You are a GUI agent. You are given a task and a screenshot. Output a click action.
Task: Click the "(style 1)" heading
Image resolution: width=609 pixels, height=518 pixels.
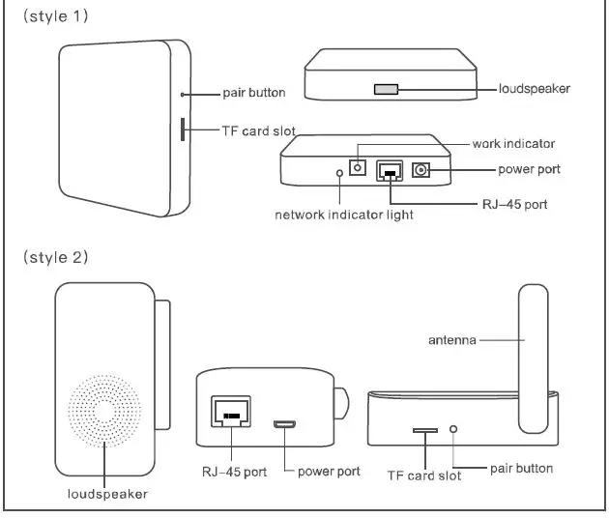click(x=55, y=18)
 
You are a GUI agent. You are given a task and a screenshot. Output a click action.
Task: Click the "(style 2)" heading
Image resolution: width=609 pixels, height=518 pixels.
click(x=55, y=257)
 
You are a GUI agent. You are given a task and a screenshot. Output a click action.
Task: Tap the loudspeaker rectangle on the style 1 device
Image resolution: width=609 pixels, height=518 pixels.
click(x=386, y=89)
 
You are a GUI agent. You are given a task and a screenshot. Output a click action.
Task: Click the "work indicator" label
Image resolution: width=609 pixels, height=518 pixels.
click(x=513, y=144)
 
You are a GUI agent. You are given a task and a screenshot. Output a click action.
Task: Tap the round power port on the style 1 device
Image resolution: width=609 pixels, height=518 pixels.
click(x=421, y=169)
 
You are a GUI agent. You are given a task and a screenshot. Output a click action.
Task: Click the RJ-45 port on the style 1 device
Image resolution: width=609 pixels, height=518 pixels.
click(x=391, y=170)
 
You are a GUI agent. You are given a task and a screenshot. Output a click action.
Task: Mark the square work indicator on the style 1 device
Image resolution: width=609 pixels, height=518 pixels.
click(x=359, y=168)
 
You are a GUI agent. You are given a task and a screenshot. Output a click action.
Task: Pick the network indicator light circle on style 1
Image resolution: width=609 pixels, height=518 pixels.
click(x=338, y=174)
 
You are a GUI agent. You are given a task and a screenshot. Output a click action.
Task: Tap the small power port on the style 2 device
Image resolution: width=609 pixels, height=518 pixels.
click(x=285, y=424)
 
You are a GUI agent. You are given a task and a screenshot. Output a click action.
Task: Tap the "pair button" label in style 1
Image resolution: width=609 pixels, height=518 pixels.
click(x=254, y=93)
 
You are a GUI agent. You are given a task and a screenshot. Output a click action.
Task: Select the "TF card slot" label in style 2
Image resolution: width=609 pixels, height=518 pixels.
click(x=423, y=475)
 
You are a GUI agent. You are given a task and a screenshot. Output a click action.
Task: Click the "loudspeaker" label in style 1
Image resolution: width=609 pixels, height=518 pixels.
click(x=534, y=89)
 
